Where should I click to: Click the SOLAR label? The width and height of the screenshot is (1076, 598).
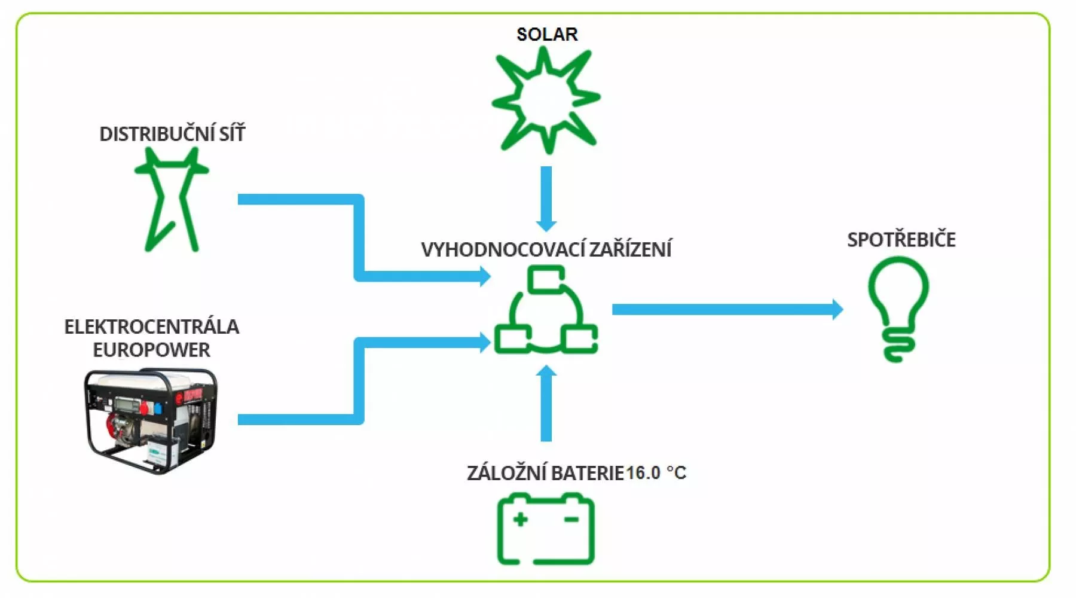point(547,34)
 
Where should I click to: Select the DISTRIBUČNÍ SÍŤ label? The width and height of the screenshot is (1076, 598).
point(172,134)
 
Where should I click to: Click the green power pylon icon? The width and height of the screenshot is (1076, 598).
point(172,200)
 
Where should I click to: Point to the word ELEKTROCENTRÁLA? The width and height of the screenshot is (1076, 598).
point(151,327)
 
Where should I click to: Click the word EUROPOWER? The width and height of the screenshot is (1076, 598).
point(151,350)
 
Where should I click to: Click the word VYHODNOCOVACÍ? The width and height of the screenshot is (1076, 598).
point(502,249)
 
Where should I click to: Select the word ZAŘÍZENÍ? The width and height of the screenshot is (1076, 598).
point(631,249)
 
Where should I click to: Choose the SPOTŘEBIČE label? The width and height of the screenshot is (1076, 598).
point(901,240)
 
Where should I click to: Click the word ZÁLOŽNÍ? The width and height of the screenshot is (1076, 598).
point(506,473)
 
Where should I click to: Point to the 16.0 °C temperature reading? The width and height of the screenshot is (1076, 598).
point(656,473)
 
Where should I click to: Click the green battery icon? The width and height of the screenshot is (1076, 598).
point(546,529)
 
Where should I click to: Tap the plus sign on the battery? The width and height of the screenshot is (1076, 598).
point(520,519)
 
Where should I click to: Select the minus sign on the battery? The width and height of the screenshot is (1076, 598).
point(571,519)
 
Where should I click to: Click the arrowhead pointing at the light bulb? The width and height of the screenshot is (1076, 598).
point(837,309)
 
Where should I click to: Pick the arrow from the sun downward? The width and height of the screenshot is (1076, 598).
point(546,197)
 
